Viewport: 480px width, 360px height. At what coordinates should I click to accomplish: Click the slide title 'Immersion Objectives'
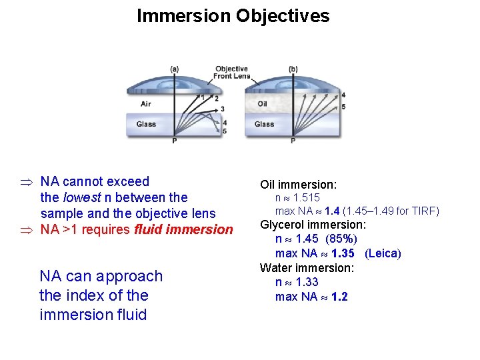click(x=233, y=16)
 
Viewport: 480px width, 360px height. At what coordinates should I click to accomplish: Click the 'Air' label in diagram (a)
click(x=146, y=104)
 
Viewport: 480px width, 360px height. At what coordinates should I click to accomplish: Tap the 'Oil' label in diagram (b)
click(x=263, y=104)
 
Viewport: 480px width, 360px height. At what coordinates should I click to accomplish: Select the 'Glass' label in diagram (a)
click(x=146, y=124)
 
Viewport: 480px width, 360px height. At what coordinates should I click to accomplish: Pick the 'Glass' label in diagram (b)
click(x=264, y=124)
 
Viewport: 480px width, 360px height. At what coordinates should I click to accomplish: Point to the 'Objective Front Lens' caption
click(x=231, y=72)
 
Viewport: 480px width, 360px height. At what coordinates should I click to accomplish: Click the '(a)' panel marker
click(x=174, y=69)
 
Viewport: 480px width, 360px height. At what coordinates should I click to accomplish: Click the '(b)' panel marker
click(x=293, y=69)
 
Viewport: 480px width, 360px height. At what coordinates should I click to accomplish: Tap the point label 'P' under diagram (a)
click(x=174, y=141)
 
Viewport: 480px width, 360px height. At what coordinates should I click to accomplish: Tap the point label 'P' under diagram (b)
click(x=293, y=141)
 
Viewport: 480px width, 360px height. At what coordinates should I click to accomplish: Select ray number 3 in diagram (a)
click(x=222, y=109)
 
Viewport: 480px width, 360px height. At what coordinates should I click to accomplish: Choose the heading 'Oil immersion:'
click(x=298, y=184)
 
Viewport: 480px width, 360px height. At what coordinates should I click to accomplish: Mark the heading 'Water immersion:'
click(x=307, y=268)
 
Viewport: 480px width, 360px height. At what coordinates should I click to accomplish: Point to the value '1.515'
click(x=307, y=198)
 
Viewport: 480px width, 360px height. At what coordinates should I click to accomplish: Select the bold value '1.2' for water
click(x=339, y=296)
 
